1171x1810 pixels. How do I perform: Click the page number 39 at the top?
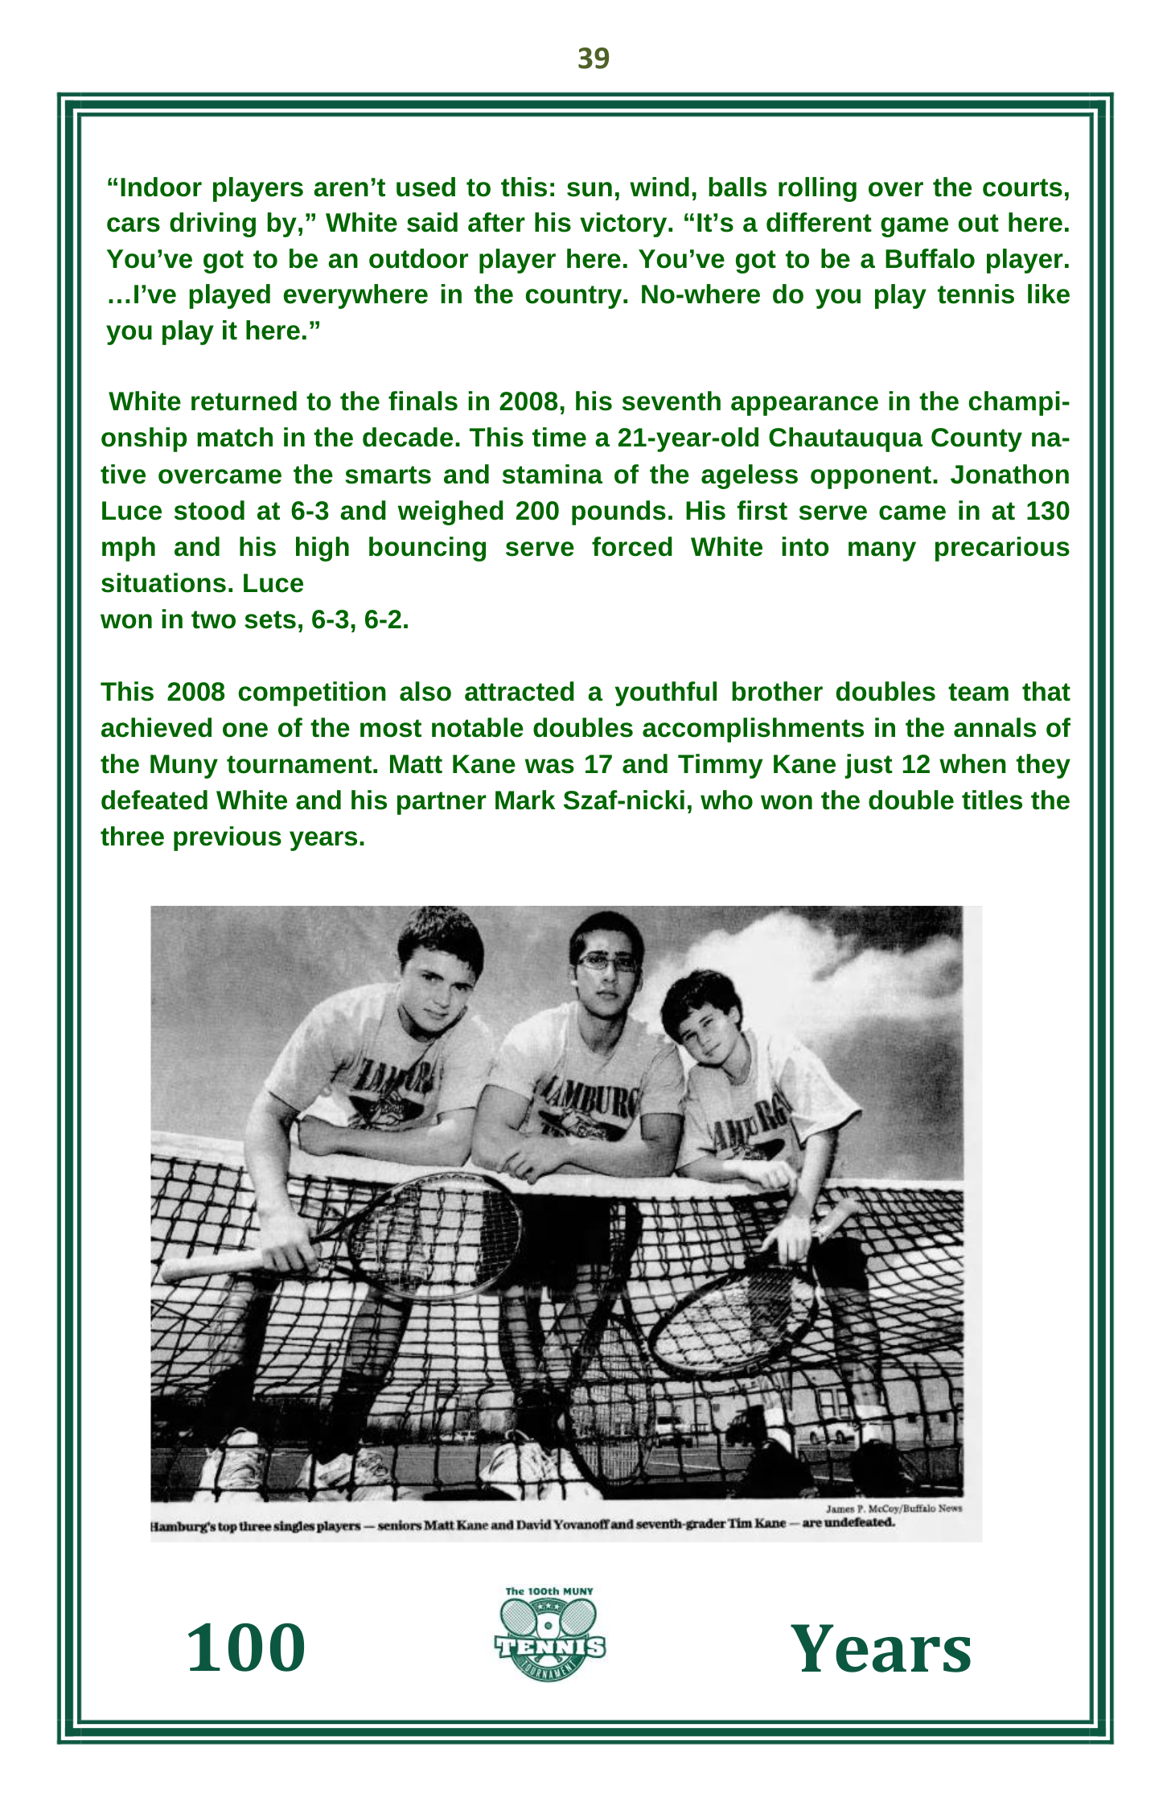(x=594, y=59)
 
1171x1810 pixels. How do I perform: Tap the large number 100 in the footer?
(x=246, y=1648)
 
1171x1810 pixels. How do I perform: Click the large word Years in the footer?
(x=881, y=1649)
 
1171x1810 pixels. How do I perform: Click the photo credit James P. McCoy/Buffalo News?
(x=894, y=1508)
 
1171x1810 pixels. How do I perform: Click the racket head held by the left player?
(x=434, y=1235)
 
